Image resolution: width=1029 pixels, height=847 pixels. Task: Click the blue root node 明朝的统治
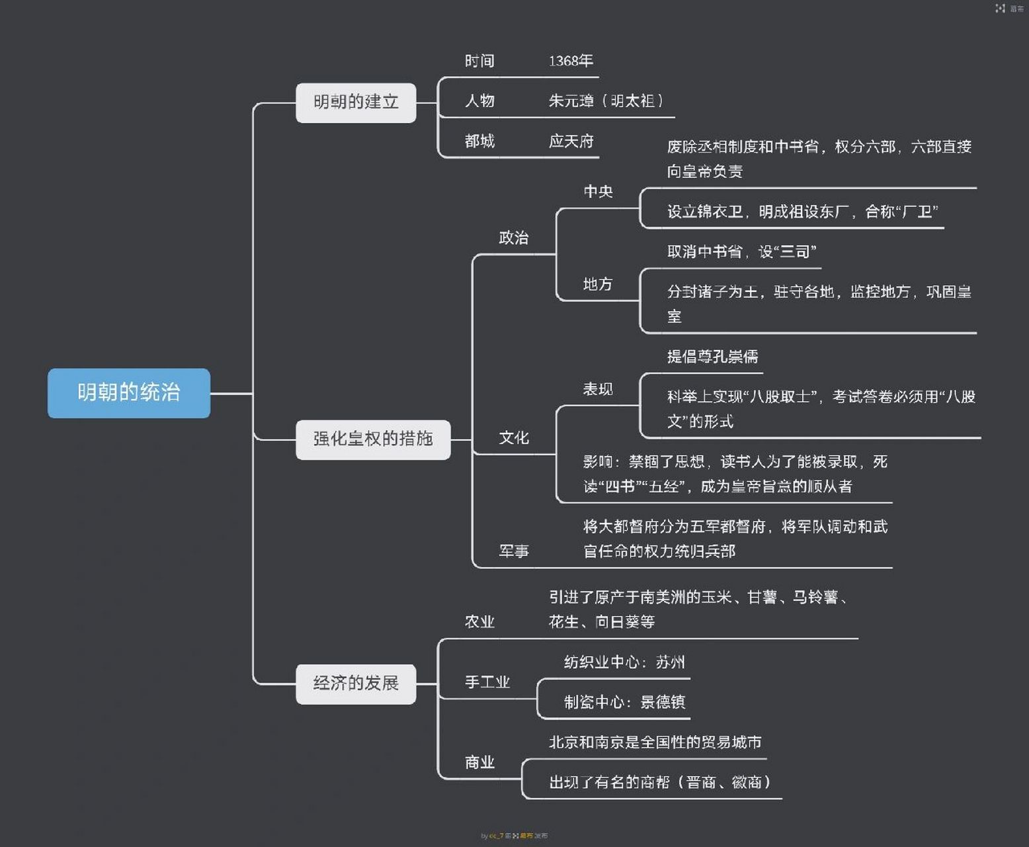(129, 393)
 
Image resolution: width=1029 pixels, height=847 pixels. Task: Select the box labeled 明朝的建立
(356, 103)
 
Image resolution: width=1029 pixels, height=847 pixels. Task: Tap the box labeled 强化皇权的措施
(373, 439)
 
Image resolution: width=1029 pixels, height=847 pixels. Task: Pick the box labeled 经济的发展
(356, 684)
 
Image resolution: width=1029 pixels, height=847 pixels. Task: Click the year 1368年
(571, 61)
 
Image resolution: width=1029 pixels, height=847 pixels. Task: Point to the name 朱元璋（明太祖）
(606, 101)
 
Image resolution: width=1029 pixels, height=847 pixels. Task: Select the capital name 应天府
(571, 141)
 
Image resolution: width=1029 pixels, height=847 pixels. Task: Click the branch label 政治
(514, 238)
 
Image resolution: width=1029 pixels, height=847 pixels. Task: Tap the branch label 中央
(598, 192)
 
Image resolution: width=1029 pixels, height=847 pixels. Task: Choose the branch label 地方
(598, 285)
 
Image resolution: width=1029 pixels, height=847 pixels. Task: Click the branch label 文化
(514, 438)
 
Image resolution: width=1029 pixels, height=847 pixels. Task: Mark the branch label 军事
(514, 551)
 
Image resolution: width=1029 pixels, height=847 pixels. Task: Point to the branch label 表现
(598, 389)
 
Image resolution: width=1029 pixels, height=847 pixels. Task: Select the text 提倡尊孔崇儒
(712, 357)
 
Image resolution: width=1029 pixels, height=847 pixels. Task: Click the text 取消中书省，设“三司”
(741, 251)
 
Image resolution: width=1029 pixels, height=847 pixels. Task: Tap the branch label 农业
(479, 622)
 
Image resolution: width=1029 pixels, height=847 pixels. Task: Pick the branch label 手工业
(487, 682)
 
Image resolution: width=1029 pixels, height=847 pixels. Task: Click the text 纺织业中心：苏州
(624, 662)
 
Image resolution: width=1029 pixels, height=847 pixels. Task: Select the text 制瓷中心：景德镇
(624, 702)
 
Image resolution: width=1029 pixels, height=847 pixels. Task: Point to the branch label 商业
(479, 762)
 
